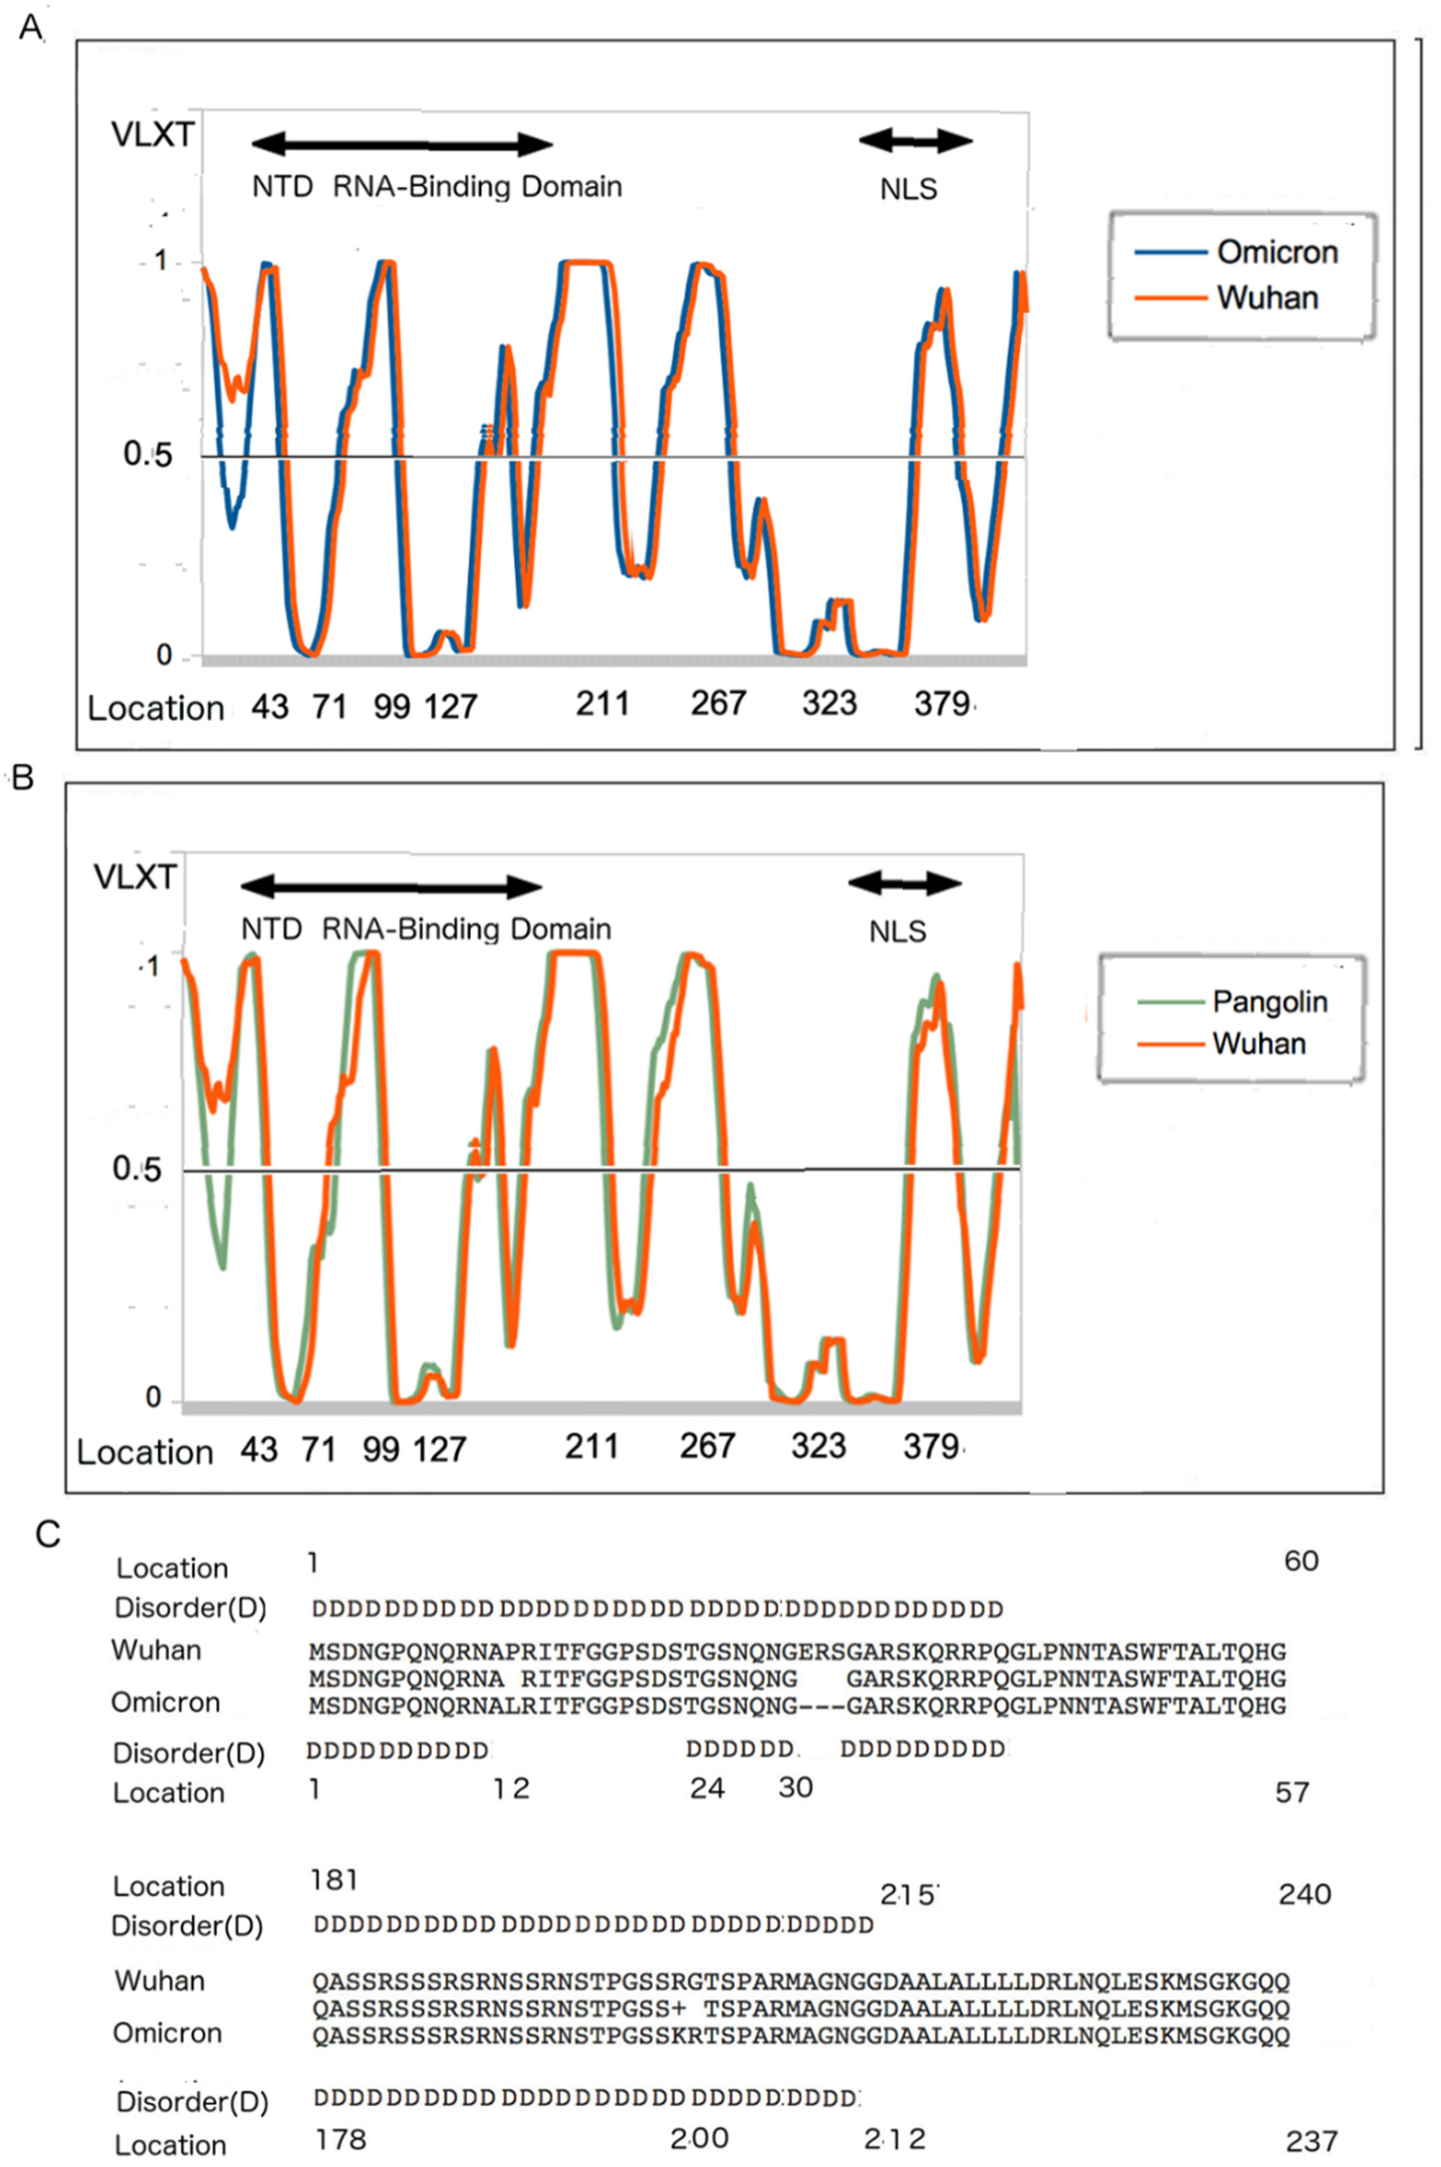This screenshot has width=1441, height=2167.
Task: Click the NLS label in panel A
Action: [x=908, y=189]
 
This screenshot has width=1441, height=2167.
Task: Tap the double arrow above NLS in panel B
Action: [x=904, y=883]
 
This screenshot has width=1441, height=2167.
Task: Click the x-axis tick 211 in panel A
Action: [x=603, y=704]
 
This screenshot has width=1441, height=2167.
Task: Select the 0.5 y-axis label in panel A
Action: [x=148, y=454]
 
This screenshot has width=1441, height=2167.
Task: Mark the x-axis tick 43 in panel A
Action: [x=269, y=706]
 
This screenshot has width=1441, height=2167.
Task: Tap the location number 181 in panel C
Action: [x=334, y=1880]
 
